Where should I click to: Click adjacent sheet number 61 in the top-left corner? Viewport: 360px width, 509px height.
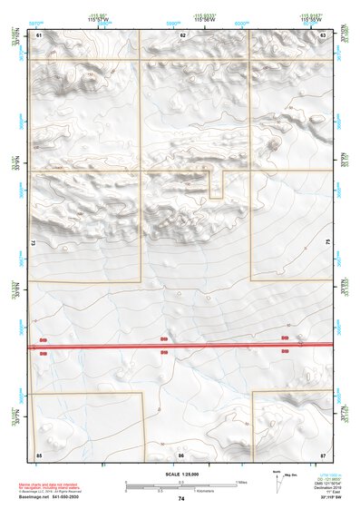(39, 34)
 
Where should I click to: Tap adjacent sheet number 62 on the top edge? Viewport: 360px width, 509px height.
(182, 34)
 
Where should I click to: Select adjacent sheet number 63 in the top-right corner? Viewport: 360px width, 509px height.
(323, 34)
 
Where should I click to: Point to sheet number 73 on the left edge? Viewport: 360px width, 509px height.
(33, 243)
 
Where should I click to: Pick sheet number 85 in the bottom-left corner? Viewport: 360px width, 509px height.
(39, 453)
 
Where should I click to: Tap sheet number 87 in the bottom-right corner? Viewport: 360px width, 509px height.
(323, 453)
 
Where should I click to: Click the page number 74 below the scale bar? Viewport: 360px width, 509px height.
(181, 499)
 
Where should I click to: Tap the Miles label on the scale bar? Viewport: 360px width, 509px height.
(240, 481)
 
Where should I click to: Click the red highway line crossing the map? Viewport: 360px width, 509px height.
(181, 346)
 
